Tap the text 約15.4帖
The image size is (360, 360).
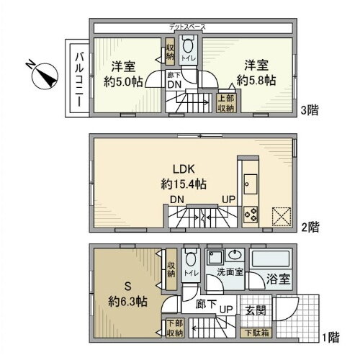point(184,184)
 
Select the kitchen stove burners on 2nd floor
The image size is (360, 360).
point(252,214)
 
